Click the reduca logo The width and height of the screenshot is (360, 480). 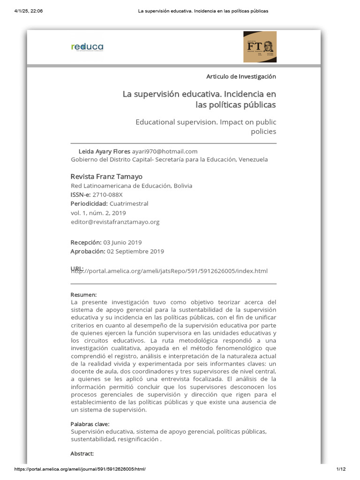tap(87, 47)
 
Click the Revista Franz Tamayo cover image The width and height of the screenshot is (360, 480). tap(260, 47)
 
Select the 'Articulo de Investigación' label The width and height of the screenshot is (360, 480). tap(241, 76)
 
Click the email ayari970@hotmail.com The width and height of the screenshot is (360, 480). tap(165, 151)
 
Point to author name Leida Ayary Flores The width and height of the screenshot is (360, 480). tap(105, 151)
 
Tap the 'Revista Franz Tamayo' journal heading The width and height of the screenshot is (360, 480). tap(106, 177)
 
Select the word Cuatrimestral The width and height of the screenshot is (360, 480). tap(129, 203)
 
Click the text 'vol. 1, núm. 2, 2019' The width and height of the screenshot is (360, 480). tap(98, 213)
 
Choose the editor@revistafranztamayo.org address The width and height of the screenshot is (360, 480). tap(115, 222)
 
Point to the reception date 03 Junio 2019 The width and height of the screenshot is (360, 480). tap(122, 242)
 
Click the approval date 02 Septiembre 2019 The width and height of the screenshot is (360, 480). tap(135, 251)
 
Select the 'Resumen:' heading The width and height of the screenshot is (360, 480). tap(83, 295)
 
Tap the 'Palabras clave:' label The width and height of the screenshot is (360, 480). tap(90, 424)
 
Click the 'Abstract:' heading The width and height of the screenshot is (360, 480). tap(82, 454)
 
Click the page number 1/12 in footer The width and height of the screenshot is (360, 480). tap(340, 469)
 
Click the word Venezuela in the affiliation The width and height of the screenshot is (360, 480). tap(253, 159)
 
